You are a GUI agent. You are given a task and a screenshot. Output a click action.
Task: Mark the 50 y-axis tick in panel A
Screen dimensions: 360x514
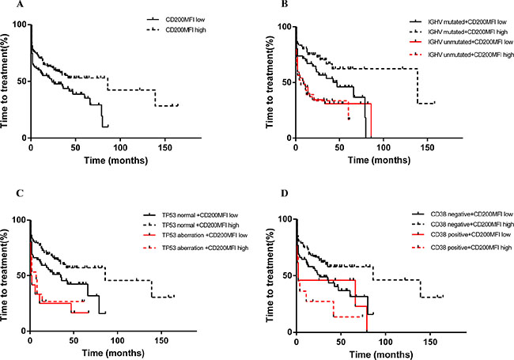click(x=21, y=81)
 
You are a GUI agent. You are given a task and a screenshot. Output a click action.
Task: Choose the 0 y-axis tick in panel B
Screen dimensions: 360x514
click(x=287, y=138)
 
